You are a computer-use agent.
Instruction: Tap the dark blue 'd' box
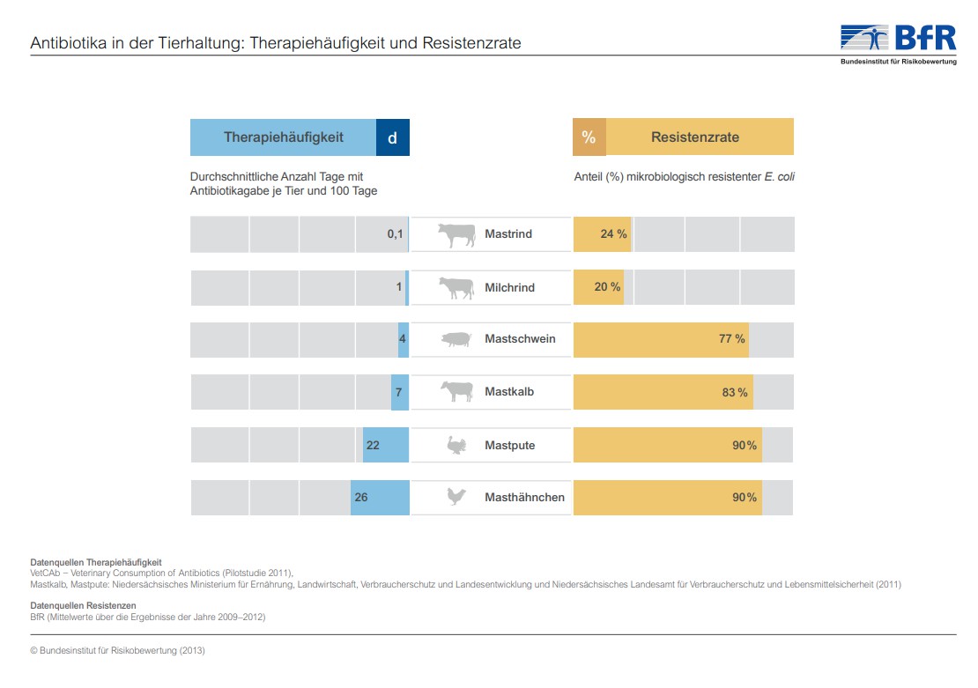pyautogui.click(x=393, y=137)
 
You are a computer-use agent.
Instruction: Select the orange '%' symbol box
pyautogui.click(x=589, y=137)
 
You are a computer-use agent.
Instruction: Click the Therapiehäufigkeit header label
pyautogui.click(x=283, y=137)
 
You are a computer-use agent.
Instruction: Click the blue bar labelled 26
pyautogui.click(x=380, y=498)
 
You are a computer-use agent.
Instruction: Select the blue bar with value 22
pyautogui.click(x=386, y=445)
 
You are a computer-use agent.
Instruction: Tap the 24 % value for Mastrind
pyautogui.click(x=613, y=234)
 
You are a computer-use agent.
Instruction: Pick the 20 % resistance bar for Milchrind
pyautogui.click(x=598, y=287)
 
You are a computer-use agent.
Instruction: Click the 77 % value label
pyautogui.click(x=732, y=339)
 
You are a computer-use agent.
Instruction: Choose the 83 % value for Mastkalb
pyautogui.click(x=735, y=393)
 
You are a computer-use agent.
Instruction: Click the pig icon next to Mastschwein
pyautogui.click(x=456, y=339)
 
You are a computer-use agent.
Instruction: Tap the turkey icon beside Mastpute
pyautogui.click(x=456, y=446)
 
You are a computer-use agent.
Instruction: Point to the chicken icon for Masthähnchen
pyautogui.click(x=456, y=498)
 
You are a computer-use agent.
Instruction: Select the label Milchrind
pyautogui.click(x=509, y=287)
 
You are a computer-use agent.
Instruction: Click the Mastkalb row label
pyautogui.click(x=509, y=393)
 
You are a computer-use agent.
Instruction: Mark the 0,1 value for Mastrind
pyautogui.click(x=395, y=234)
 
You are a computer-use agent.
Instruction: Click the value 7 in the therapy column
pyautogui.click(x=398, y=393)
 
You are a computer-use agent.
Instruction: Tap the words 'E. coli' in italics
pyautogui.click(x=780, y=177)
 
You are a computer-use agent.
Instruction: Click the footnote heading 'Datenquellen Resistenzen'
pyautogui.click(x=83, y=606)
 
